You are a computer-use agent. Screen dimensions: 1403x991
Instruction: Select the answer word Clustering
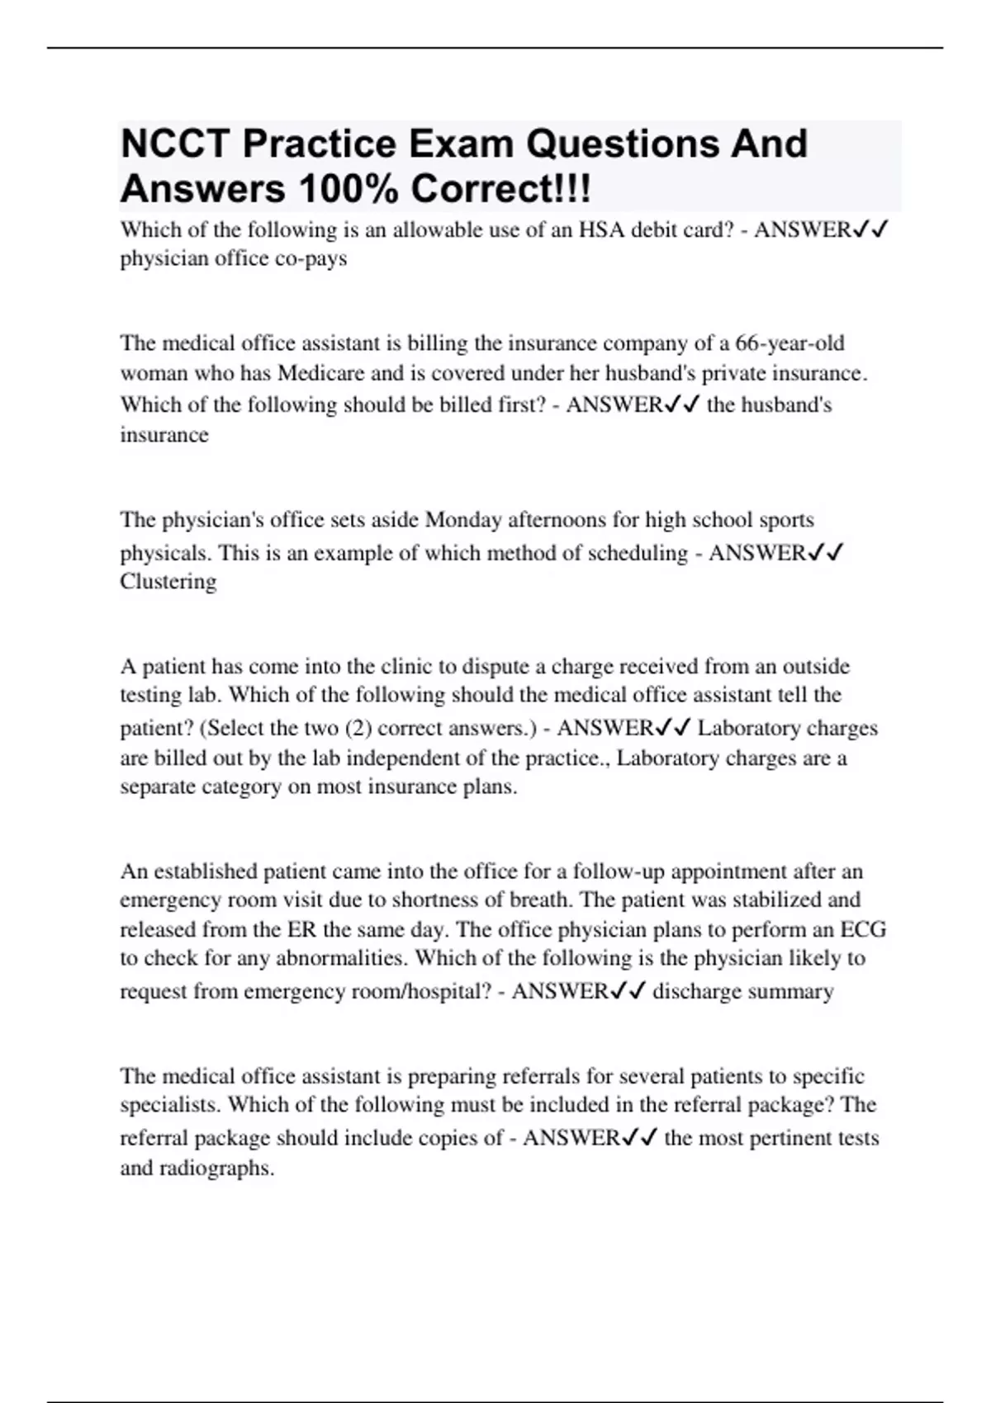(168, 582)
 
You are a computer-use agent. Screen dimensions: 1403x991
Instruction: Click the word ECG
(863, 930)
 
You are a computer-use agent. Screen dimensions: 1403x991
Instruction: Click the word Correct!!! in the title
(500, 189)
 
